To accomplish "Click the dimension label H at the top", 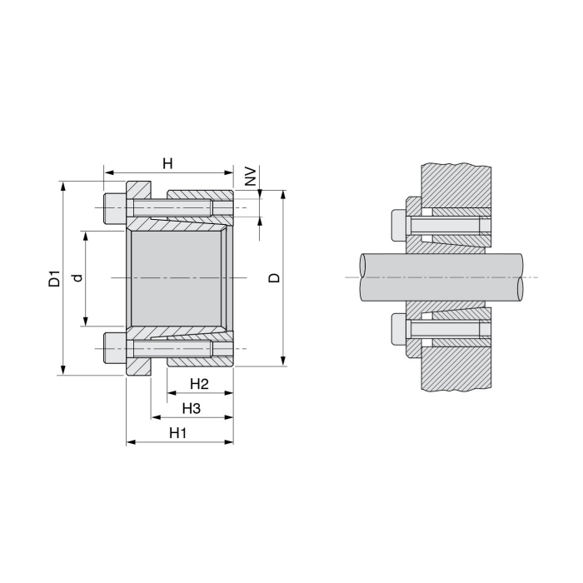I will [x=167, y=163].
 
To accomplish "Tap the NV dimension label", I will [x=249, y=176].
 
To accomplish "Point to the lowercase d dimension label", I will [x=77, y=278].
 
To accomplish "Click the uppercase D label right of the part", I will [x=274, y=277].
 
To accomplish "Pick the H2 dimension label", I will [x=198, y=384].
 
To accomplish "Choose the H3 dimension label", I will [x=192, y=408].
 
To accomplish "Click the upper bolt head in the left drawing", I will [x=113, y=208].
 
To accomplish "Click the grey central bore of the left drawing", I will [x=176, y=277].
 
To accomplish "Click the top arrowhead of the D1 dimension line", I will [x=63, y=184].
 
